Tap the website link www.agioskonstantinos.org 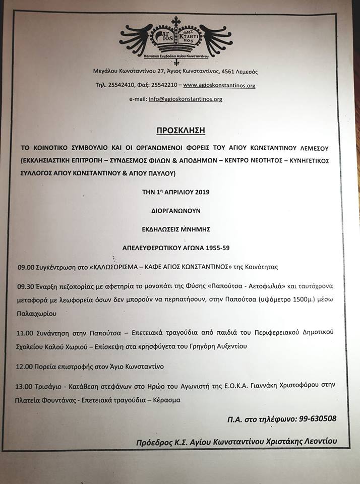pos(219,86)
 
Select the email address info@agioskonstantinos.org pos(185,99)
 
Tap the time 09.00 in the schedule pos(24,267)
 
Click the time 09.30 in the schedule pos(24,286)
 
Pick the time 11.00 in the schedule pos(24,332)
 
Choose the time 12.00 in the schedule pos(24,366)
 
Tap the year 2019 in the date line pos(200,192)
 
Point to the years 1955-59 pos(220,248)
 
